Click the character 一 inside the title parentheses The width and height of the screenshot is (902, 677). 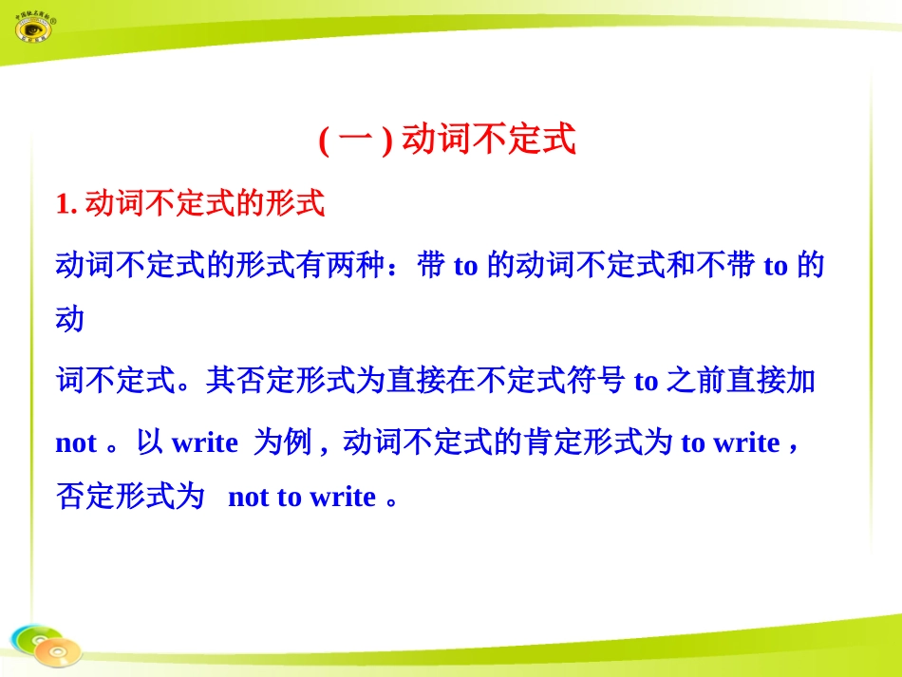(356, 141)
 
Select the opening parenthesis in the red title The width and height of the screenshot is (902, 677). (324, 141)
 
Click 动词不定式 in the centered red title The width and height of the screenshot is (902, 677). (489, 141)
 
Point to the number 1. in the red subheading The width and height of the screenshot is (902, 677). (66, 204)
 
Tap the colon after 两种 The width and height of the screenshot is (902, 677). (403, 266)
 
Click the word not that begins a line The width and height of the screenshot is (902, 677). (77, 443)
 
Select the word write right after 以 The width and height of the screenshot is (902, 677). (204, 443)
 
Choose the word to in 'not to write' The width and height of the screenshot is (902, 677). (289, 498)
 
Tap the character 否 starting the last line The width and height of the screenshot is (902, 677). (71, 498)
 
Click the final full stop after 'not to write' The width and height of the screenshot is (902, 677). (392, 499)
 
